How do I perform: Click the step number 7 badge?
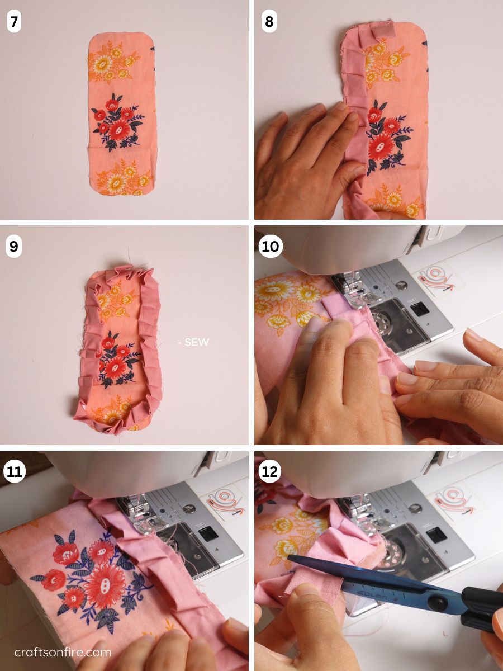[14, 22]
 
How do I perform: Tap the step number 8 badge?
[269, 22]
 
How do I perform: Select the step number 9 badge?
[14, 246]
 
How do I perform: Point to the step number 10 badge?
[270, 246]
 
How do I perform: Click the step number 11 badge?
[15, 471]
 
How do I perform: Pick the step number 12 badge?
[270, 471]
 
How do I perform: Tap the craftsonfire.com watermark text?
[63, 652]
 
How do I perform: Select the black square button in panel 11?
[208, 533]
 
